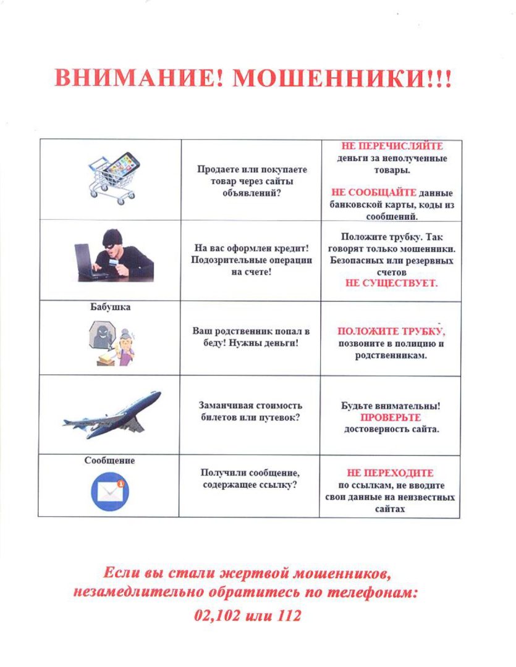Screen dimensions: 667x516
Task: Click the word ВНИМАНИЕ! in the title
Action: tap(139, 78)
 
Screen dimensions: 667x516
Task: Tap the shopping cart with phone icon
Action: tap(114, 175)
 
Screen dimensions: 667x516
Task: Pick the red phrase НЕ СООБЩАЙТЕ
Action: tap(374, 192)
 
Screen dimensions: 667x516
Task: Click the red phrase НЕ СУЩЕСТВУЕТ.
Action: tap(391, 283)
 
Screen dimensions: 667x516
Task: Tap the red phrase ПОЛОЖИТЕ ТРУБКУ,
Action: tap(391, 331)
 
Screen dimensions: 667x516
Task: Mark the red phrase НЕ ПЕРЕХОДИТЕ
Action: tap(391, 473)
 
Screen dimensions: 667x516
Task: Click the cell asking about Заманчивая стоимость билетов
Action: tap(250, 411)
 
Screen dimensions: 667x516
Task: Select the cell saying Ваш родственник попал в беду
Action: tap(250, 337)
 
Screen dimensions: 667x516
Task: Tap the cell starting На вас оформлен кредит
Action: tap(250, 259)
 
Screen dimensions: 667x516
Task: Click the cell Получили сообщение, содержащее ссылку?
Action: tap(250, 479)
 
